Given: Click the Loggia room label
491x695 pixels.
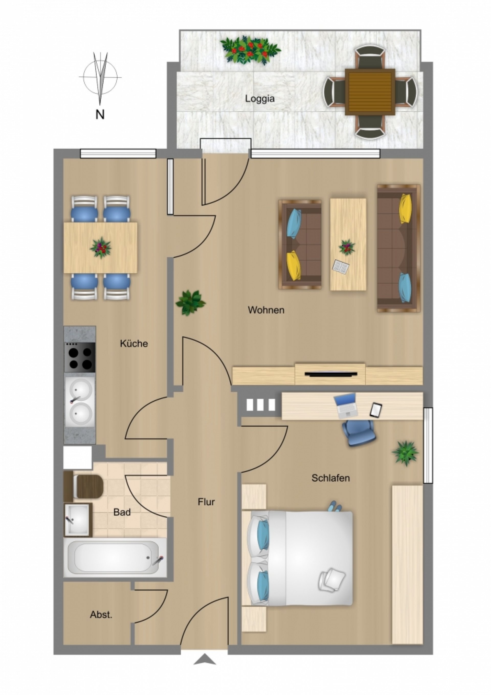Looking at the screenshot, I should click(260, 99).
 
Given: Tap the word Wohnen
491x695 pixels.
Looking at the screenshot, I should click(266, 310).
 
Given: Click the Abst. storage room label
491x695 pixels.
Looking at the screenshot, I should click(101, 615).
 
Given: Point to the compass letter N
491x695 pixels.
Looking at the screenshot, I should click(100, 115).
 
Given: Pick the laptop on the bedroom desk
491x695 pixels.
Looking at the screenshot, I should click(345, 406).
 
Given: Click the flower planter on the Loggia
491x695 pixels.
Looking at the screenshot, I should click(250, 50).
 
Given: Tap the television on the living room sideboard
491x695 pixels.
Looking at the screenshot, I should click(330, 374).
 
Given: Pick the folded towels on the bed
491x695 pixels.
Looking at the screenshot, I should click(332, 580).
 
